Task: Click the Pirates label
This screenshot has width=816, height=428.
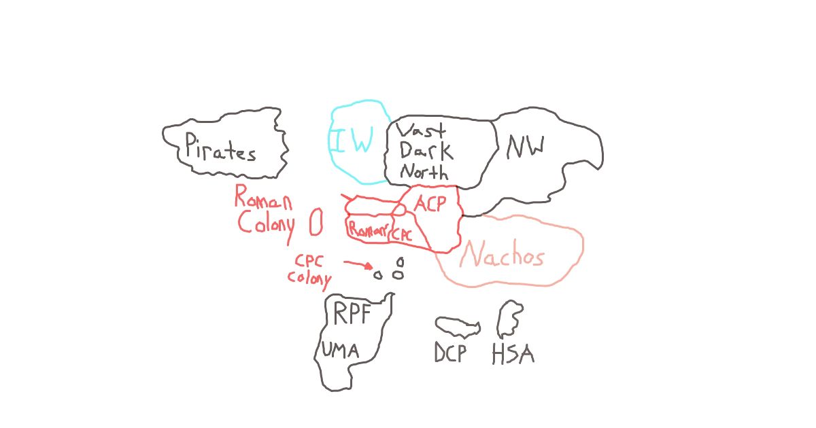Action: (x=220, y=147)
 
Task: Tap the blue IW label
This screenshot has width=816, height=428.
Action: (x=354, y=139)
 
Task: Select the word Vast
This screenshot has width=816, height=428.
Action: (x=421, y=130)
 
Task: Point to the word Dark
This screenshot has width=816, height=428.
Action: (x=426, y=150)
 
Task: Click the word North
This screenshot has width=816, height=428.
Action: (x=424, y=171)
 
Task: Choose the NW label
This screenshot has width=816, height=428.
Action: (x=525, y=147)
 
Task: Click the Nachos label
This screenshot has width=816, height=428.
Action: (x=502, y=254)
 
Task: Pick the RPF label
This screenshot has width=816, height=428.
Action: (x=352, y=313)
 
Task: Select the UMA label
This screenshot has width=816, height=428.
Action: (x=340, y=350)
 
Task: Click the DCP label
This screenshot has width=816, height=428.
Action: (x=450, y=353)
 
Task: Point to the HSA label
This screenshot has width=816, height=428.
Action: (x=513, y=354)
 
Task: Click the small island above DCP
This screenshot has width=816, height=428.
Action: (x=458, y=325)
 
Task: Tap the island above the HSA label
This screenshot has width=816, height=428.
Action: (x=510, y=319)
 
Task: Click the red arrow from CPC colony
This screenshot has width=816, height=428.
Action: (x=358, y=264)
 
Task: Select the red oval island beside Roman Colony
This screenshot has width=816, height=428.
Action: (x=316, y=221)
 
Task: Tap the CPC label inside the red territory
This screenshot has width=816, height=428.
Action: (x=402, y=234)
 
